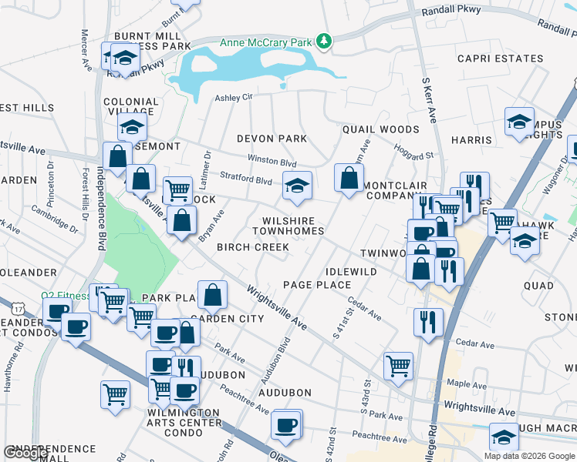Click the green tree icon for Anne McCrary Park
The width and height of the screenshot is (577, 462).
click(x=325, y=42)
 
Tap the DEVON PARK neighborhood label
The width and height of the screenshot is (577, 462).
click(x=272, y=139)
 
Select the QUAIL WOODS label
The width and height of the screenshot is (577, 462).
click(x=381, y=130)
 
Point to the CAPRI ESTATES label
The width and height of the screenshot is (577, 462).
click(x=500, y=59)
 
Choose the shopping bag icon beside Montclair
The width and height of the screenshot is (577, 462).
click(x=349, y=179)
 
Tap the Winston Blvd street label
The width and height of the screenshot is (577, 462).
click(x=272, y=162)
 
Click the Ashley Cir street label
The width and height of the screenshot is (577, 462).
click(x=234, y=98)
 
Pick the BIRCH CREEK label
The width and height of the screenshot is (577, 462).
click(x=252, y=247)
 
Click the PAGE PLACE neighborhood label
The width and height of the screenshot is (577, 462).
click(x=317, y=285)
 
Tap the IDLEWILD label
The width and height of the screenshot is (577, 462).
click(x=351, y=272)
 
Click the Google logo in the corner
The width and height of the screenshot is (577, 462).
click(x=25, y=454)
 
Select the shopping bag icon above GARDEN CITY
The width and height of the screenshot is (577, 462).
click(x=212, y=294)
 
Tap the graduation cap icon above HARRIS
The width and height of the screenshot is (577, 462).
click(x=519, y=121)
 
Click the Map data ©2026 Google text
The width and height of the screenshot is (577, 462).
click(x=529, y=456)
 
